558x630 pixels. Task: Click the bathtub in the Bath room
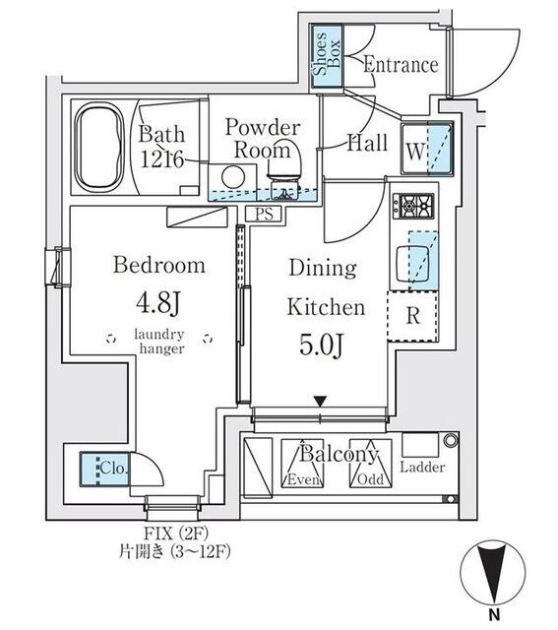coord(98,148)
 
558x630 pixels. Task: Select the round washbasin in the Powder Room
coord(233,177)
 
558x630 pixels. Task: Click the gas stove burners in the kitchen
coord(413,206)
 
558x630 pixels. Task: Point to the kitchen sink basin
coord(412,264)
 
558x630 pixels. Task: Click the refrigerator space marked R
coord(412,316)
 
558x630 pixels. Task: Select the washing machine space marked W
coord(427,149)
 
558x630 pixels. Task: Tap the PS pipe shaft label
coord(265,214)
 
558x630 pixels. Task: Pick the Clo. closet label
coord(114,468)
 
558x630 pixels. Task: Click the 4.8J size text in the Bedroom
coord(158,303)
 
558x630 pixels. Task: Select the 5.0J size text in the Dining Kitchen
coord(321,345)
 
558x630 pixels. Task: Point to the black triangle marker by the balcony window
coord(320,402)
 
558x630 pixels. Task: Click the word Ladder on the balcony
coord(422,467)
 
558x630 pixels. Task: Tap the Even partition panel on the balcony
coord(302,464)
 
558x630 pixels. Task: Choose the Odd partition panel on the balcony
coord(370,464)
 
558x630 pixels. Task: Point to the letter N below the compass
coord(494,614)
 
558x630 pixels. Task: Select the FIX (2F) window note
coord(176,534)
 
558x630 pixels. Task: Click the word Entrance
coord(401,65)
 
